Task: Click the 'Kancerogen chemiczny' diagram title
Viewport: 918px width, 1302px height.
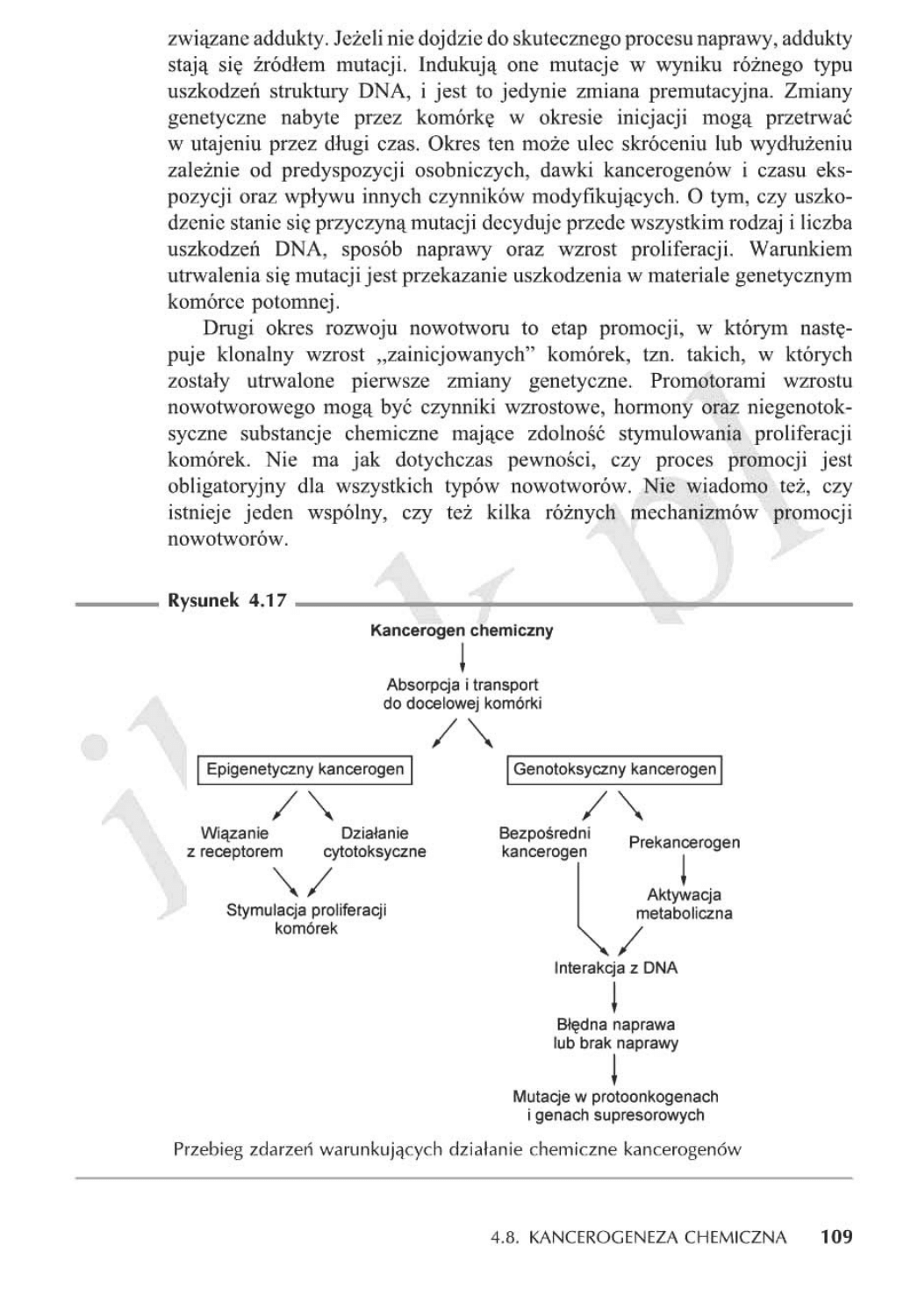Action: click(462, 630)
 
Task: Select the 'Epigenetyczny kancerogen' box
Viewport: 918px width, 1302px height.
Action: click(305, 769)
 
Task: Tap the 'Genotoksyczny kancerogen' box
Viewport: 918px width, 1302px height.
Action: click(614, 769)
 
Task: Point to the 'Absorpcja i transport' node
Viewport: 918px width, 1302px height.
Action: click(462, 694)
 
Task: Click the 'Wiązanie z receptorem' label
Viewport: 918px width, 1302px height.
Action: click(234, 842)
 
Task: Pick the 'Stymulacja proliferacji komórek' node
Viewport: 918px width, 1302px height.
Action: click(306, 919)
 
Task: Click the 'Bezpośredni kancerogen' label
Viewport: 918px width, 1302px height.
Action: click(544, 842)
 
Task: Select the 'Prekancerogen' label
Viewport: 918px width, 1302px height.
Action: click(684, 842)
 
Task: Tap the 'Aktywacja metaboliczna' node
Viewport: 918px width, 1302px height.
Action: click(684, 904)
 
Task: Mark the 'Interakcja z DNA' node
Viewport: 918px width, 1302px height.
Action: click(615, 969)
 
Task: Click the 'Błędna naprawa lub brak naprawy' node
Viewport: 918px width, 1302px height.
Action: click(615, 1034)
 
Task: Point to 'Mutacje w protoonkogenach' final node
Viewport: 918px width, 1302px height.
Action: click(615, 1105)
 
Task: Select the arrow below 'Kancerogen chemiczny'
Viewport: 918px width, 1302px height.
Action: click(462, 657)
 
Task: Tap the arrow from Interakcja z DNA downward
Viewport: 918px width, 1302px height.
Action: click(613, 997)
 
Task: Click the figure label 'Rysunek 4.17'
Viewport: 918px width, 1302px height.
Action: click(226, 602)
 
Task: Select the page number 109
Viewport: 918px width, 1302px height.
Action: click(836, 1238)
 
